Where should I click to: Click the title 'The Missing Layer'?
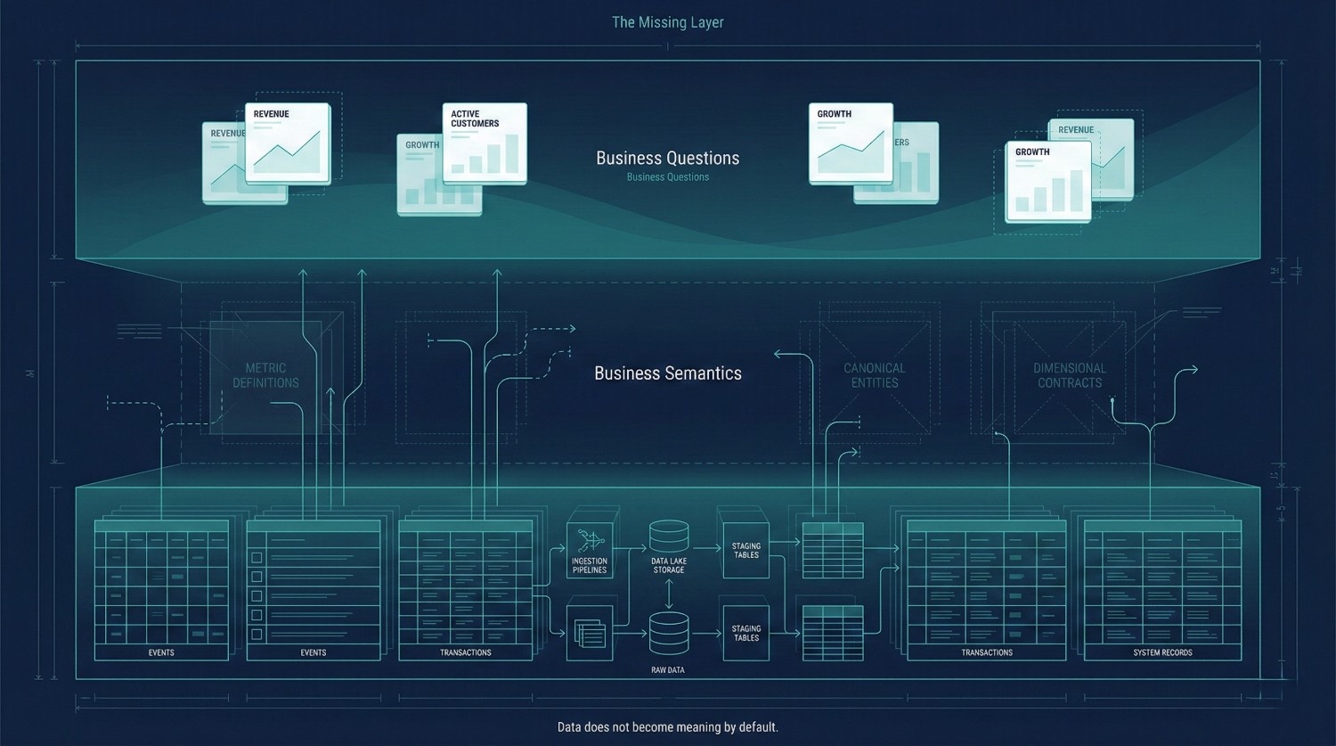click(x=667, y=22)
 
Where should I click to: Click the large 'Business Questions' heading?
click(x=667, y=158)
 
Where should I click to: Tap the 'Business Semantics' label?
click(x=667, y=373)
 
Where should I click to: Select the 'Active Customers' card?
click(x=485, y=143)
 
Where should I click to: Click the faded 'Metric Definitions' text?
click(x=265, y=375)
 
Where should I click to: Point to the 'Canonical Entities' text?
click(x=874, y=375)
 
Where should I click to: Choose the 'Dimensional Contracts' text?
click(x=1069, y=375)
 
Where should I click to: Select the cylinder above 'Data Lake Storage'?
click(x=669, y=536)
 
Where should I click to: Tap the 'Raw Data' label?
click(x=668, y=670)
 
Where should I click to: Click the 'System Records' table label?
click(x=1162, y=652)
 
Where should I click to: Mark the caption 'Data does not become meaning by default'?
click(x=667, y=727)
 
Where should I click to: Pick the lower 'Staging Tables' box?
click(x=745, y=633)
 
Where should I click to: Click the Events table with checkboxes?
click(x=314, y=588)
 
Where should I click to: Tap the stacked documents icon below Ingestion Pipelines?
click(x=590, y=634)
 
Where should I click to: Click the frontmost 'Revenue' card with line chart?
click(x=287, y=143)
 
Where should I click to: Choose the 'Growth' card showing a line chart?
click(x=851, y=143)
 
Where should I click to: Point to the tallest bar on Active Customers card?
click(x=512, y=153)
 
